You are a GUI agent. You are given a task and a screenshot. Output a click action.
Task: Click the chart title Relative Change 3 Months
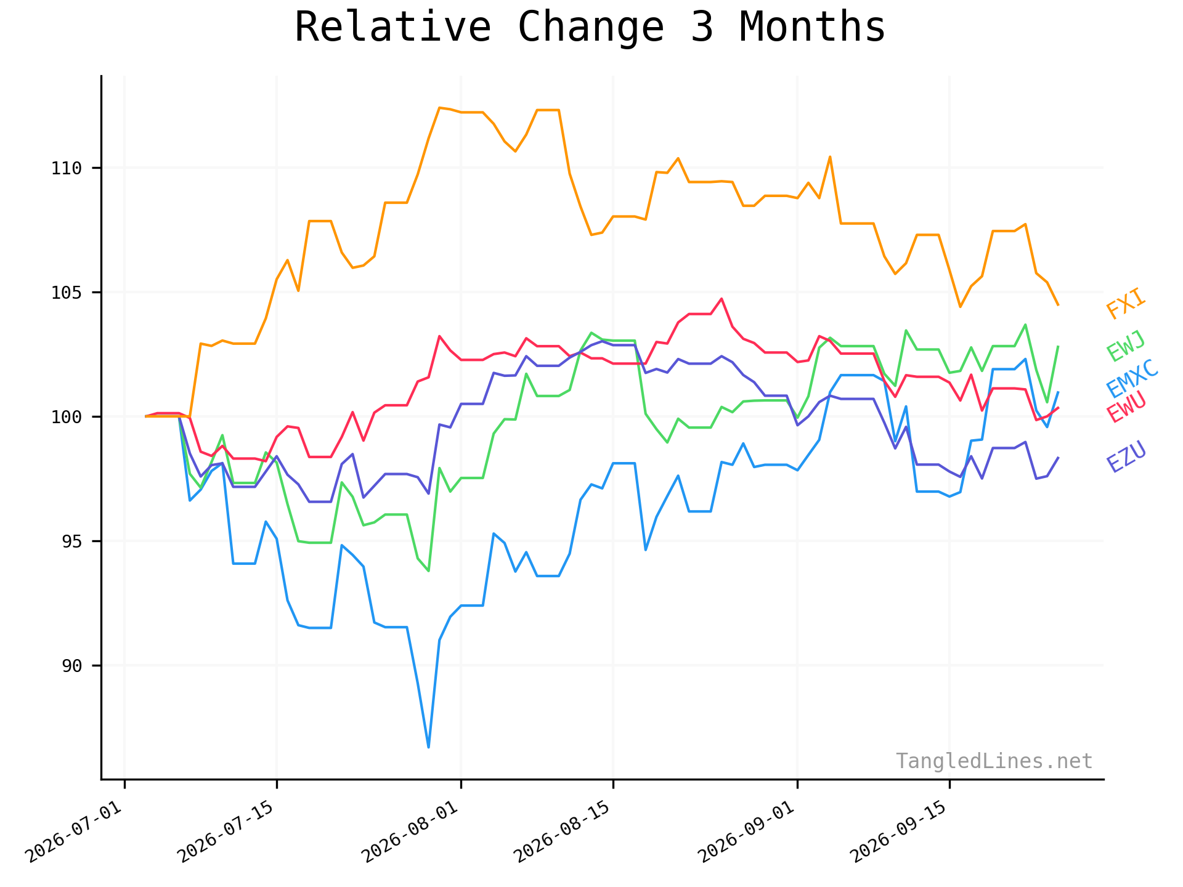pos(590,28)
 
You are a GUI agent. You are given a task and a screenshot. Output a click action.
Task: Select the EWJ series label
pos(1126,346)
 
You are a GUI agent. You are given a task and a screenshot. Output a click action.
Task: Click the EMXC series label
pos(1132,379)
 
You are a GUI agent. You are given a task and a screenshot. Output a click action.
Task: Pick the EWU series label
pos(1126,407)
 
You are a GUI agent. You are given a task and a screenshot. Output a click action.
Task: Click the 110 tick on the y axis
pos(67,168)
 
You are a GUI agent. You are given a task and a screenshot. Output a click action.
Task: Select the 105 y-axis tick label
pos(67,293)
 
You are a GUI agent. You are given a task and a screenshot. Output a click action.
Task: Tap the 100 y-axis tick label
pos(67,417)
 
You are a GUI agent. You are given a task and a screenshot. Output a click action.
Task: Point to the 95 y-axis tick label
pos(72,541)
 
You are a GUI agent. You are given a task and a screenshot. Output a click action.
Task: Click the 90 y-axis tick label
pos(72,666)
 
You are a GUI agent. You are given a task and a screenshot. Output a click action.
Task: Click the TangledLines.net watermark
pos(994,761)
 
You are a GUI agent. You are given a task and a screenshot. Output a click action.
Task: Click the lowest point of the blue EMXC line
pos(428,747)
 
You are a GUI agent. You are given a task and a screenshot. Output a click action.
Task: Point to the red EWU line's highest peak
pos(721,299)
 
